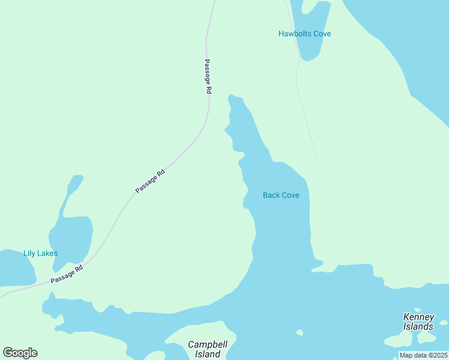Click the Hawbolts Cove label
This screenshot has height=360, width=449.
click(x=304, y=34)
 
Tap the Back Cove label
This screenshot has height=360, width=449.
click(x=281, y=195)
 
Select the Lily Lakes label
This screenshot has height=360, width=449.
click(x=40, y=253)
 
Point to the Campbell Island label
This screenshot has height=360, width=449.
click(x=204, y=349)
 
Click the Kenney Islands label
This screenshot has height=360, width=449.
click(x=418, y=322)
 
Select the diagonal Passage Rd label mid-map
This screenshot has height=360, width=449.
click(x=150, y=181)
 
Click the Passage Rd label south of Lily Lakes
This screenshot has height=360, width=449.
click(x=66, y=275)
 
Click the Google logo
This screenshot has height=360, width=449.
click(x=20, y=353)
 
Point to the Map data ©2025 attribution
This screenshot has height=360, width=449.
click(x=423, y=355)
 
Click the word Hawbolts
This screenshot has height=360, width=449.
click(x=294, y=34)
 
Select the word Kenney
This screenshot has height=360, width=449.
click(x=418, y=317)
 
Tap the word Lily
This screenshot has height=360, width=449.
click(x=29, y=253)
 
